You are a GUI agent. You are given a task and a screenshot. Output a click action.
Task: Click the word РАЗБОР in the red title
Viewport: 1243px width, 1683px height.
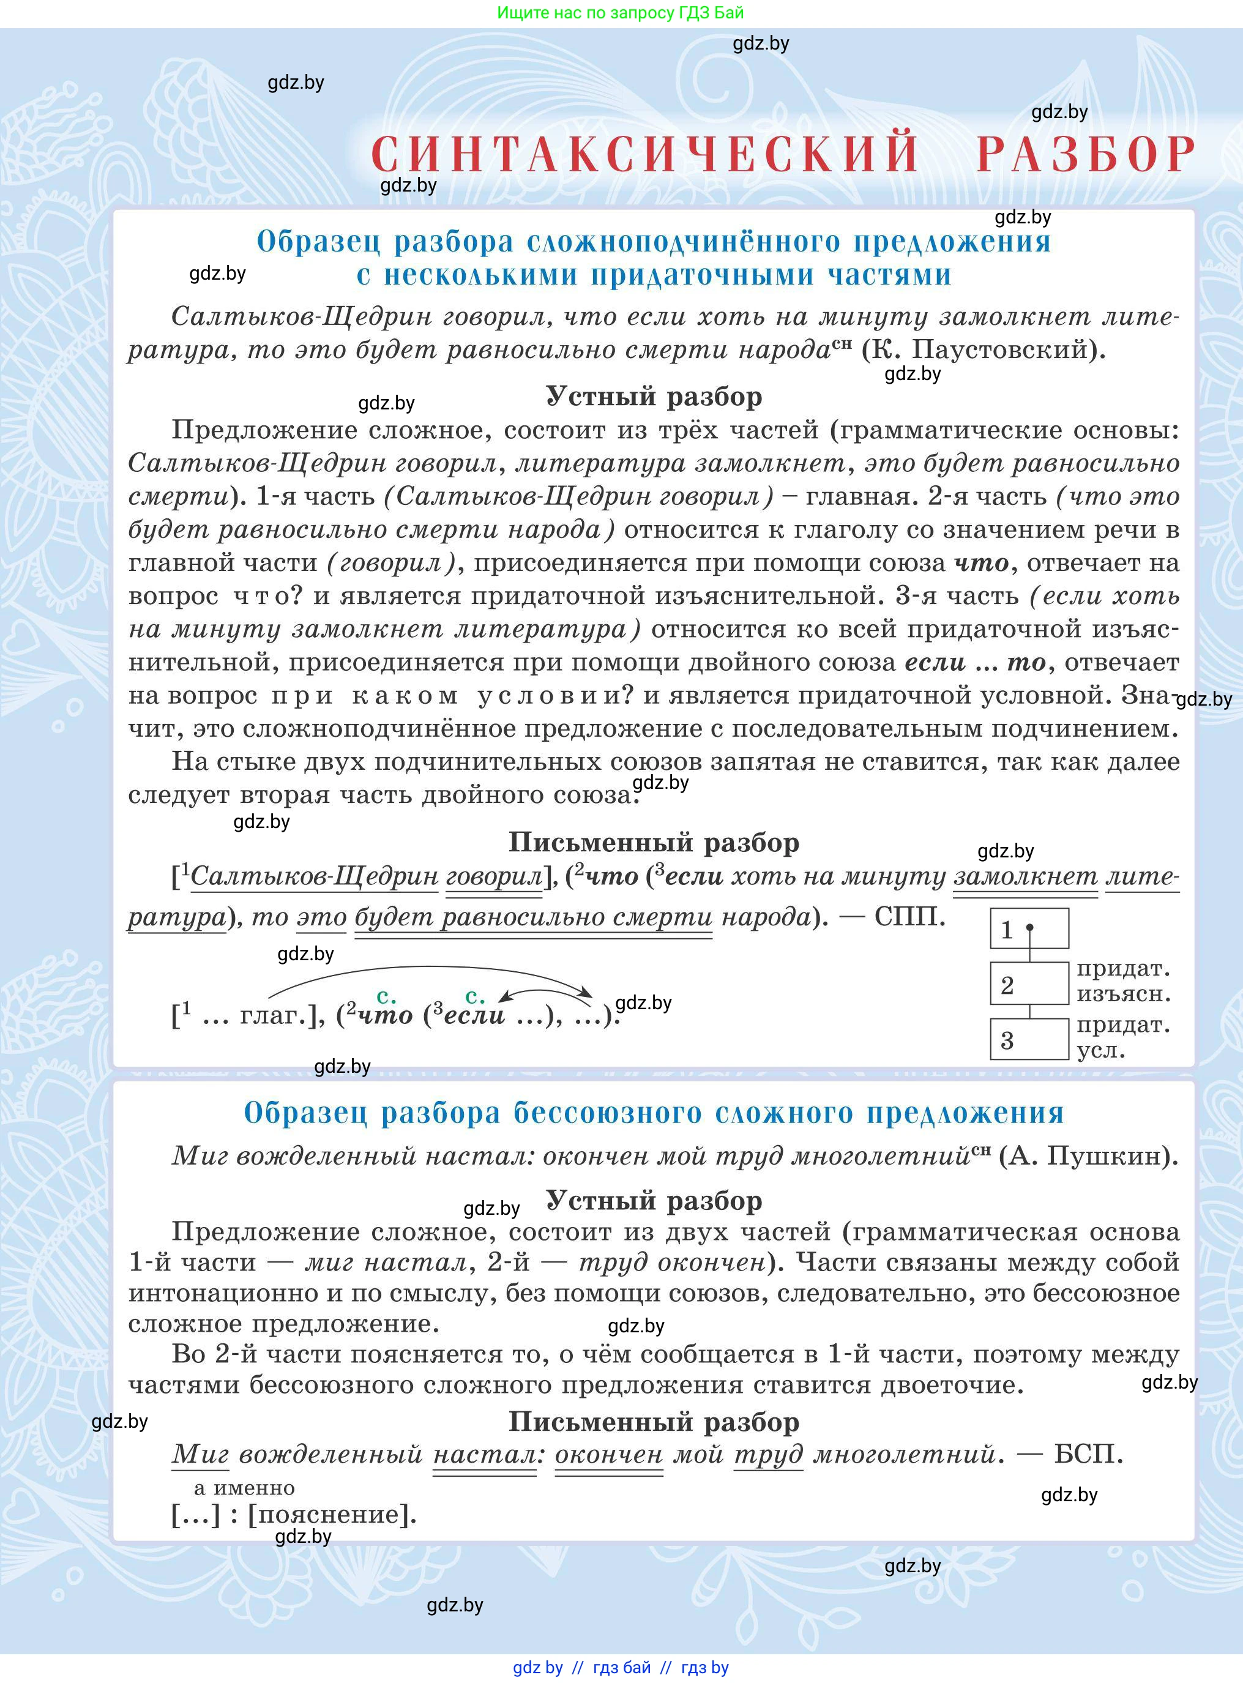1085,154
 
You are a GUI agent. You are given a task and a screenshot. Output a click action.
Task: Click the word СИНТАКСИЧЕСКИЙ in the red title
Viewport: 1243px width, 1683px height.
645,154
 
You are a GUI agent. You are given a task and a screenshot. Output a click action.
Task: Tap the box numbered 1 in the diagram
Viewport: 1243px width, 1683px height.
1029,928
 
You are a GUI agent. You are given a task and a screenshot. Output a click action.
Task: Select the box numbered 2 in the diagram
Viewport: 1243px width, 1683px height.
1029,983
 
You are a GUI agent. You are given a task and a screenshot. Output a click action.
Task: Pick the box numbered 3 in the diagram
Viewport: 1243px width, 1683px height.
1029,1039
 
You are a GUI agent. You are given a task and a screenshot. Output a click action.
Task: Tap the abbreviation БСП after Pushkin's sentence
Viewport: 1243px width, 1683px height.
1088,1453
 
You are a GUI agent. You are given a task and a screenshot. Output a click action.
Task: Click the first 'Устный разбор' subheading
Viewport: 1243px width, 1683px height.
654,396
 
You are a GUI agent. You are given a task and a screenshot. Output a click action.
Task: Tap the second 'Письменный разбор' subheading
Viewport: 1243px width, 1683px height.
654,1421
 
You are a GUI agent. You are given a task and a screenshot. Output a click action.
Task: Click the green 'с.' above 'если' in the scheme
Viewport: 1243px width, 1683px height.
475,997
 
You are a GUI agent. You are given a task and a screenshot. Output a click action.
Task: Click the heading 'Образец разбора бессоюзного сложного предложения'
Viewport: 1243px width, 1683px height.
654,1113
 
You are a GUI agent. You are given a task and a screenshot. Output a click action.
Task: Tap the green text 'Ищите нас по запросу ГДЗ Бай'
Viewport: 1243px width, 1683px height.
621,13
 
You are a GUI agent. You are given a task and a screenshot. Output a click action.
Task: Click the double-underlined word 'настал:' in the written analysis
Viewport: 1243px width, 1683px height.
487,1454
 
